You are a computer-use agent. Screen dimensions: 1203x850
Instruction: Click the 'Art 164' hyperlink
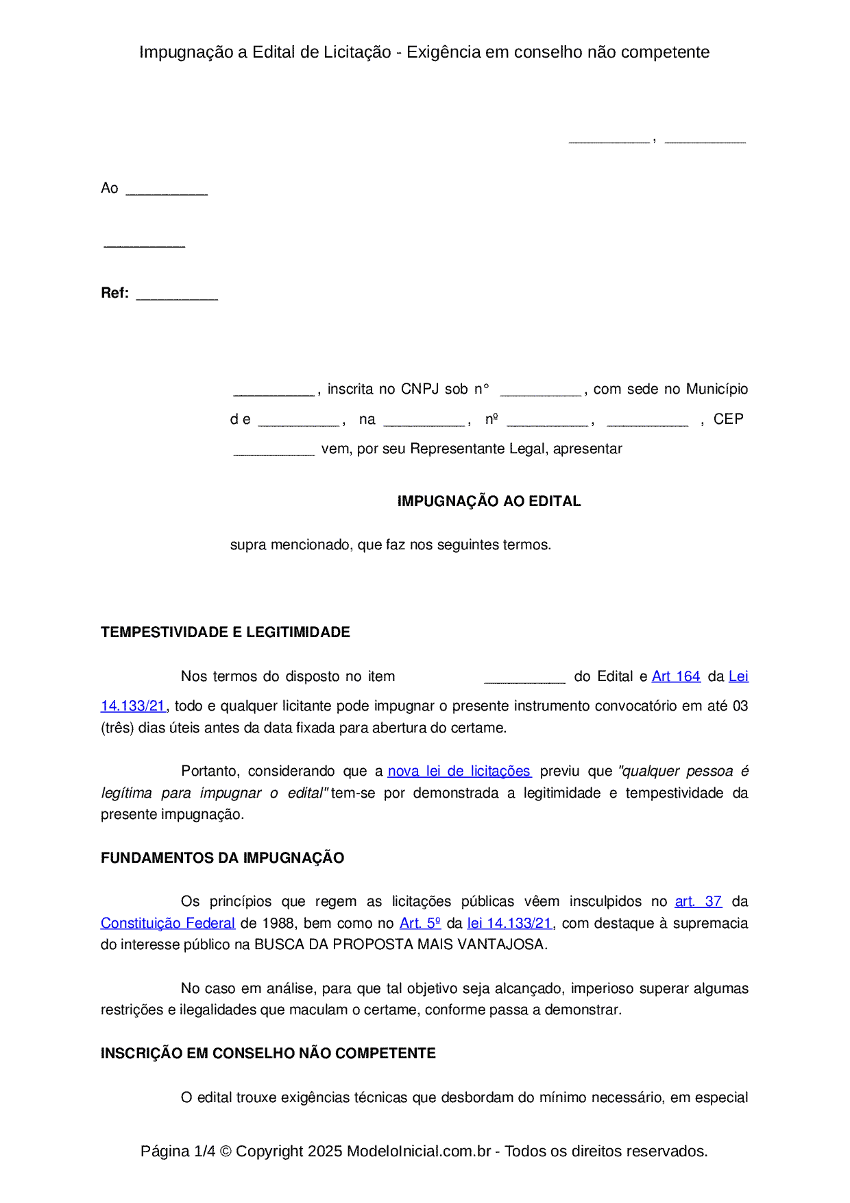click(676, 676)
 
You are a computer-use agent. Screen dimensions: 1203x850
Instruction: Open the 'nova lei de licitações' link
click(459, 771)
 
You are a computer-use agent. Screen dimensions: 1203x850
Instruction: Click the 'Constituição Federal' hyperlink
click(168, 923)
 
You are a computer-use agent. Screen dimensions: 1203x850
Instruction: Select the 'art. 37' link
click(698, 901)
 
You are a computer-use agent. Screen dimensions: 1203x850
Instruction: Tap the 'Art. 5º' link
click(420, 923)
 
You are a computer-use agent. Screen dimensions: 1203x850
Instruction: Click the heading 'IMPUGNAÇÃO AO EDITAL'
click(489, 501)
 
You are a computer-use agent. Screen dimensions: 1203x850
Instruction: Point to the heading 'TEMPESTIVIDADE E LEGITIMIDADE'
click(226, 632)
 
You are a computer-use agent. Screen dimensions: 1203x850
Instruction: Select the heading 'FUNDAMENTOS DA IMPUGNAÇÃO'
click(222, 858)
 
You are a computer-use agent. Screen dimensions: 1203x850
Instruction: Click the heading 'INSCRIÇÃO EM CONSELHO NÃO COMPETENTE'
click(268, 1053)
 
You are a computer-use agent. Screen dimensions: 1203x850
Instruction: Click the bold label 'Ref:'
click(114, 293)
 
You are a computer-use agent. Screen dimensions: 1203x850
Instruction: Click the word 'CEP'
click(728, 419)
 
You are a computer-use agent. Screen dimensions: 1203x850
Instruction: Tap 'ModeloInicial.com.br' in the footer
click(419, 1151)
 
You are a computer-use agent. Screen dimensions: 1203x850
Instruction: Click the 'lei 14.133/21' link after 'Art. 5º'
click(509, 923)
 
